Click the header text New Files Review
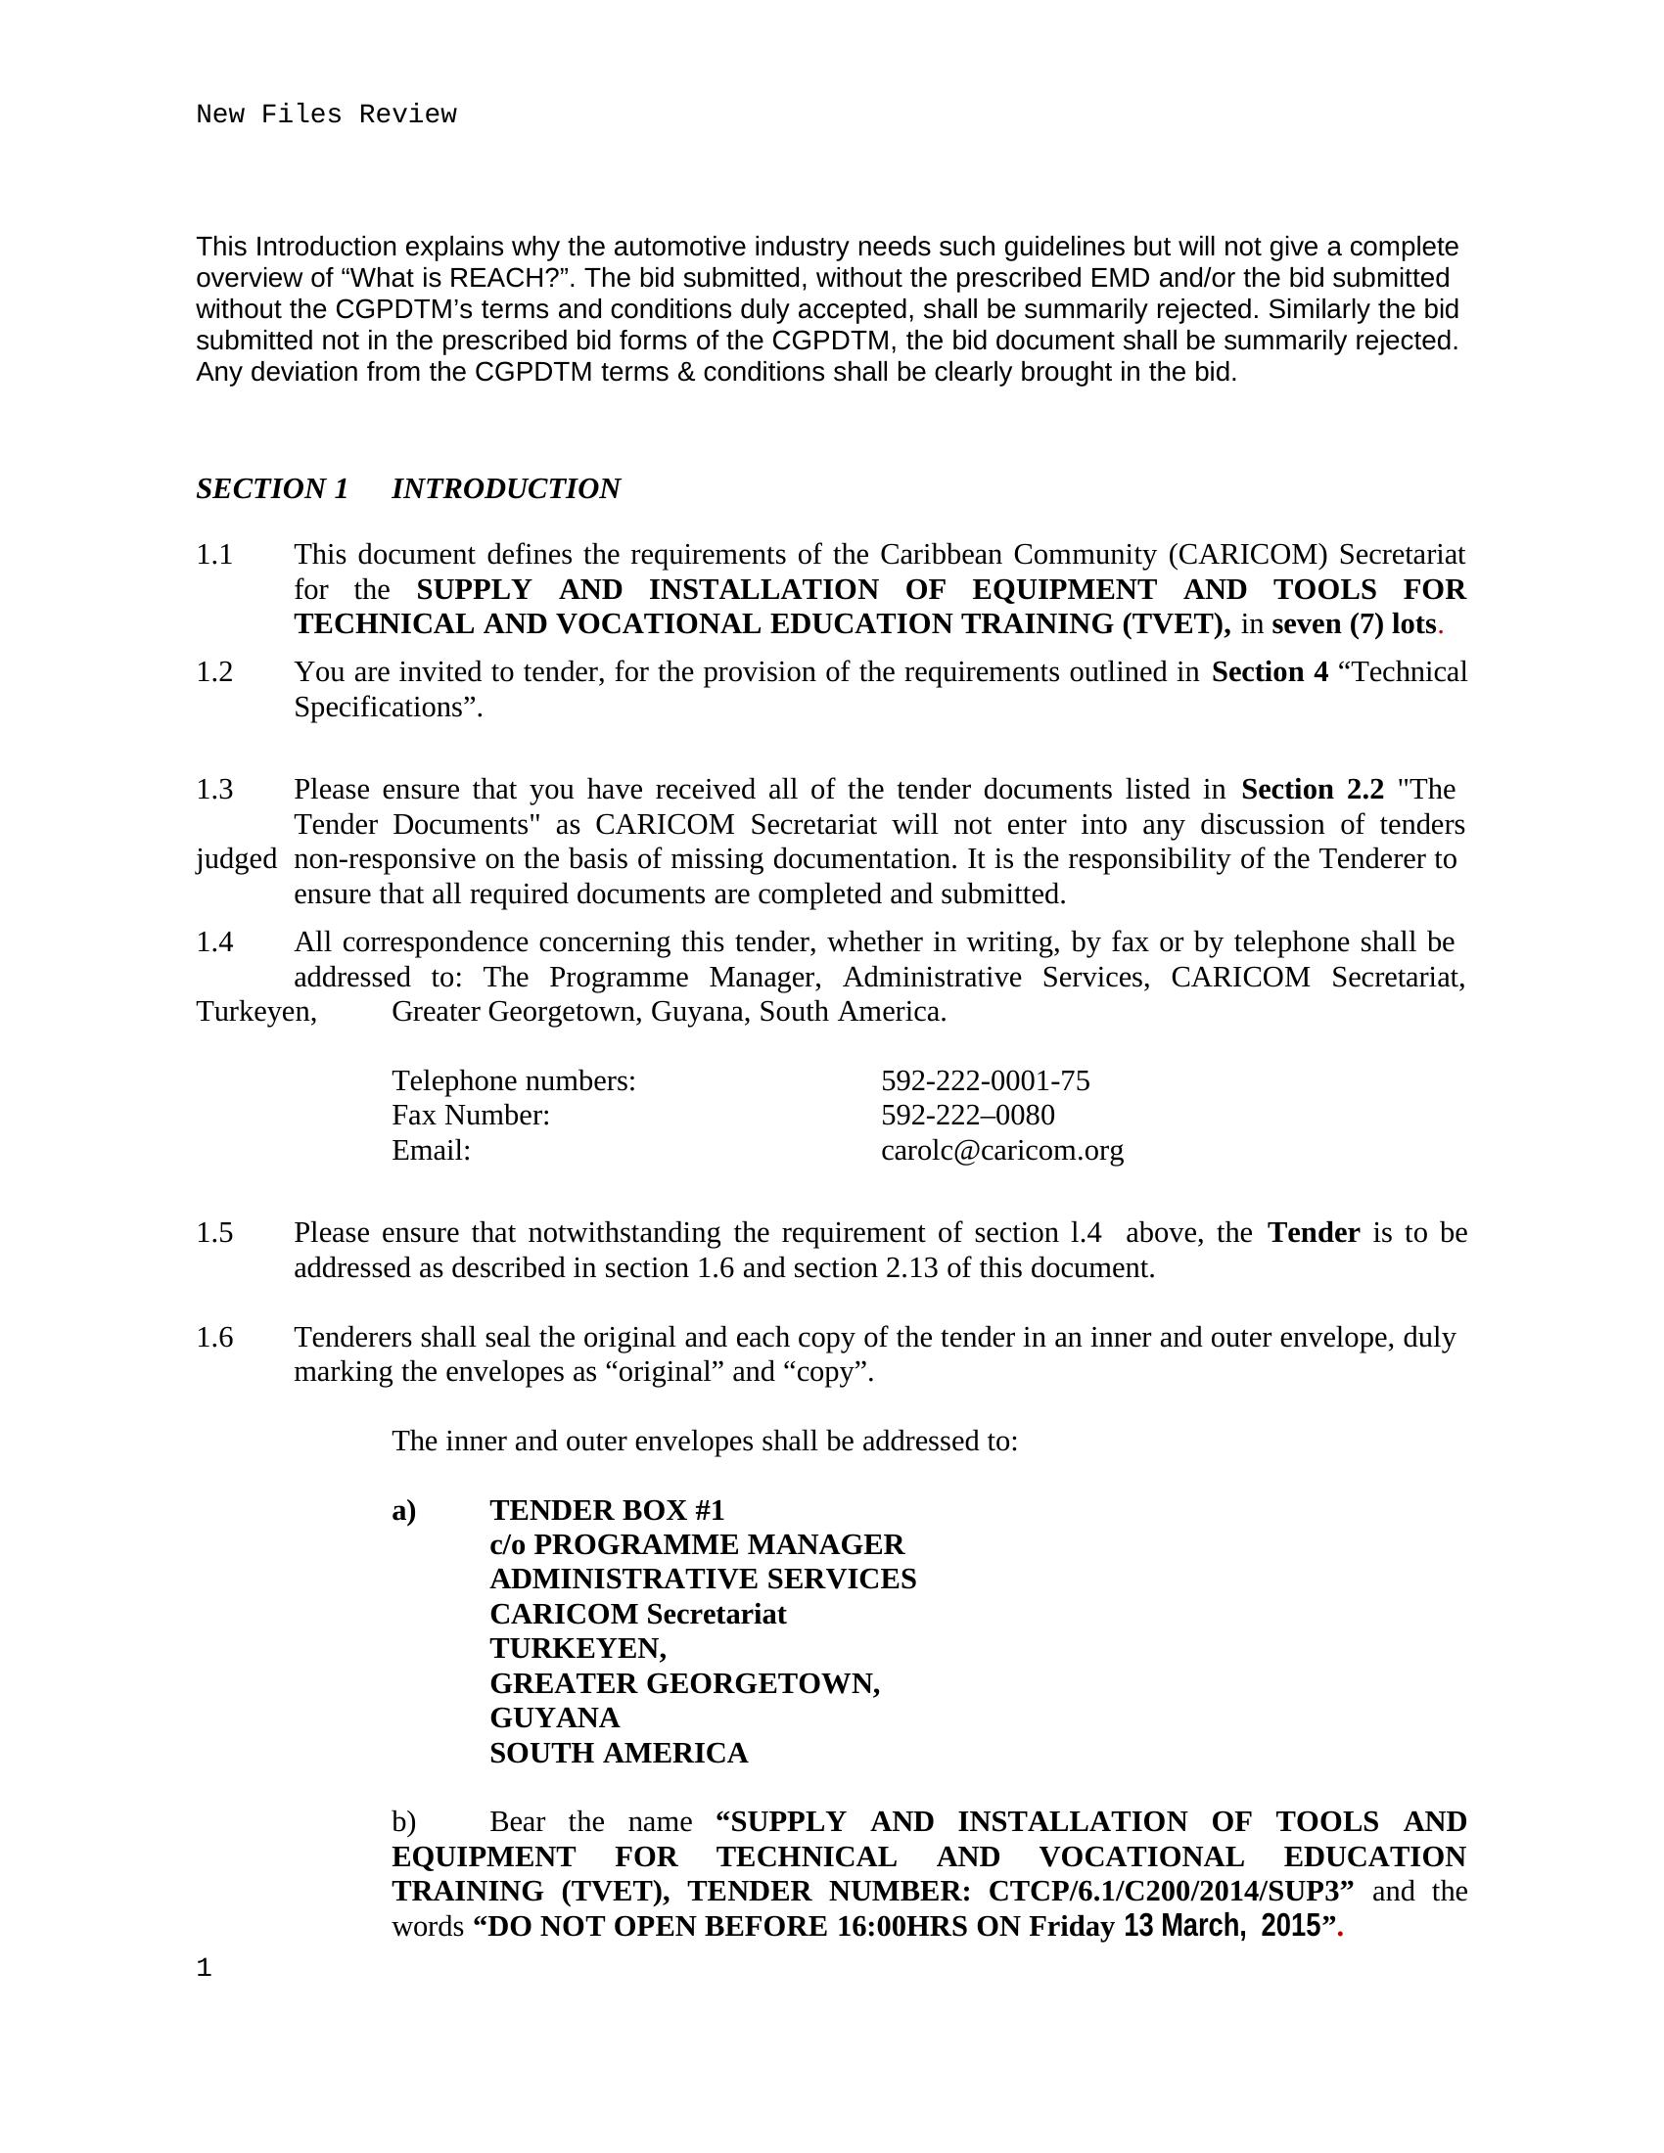coord(326,115)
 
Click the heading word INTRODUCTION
coord(506,489)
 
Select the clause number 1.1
coord(215,555)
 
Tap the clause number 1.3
coord(215,790)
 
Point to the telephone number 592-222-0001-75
coord(985,1081)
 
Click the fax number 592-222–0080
coord(967,1116)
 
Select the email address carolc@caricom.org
coord(1001,1151)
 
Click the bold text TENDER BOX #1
coord(606,1510)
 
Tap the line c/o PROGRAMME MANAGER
coord(696,1544)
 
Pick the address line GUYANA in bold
coord(554,1718)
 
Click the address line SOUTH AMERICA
coord(618,1754)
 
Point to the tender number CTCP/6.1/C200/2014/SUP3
coord(1170,1892)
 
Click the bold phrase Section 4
coord(1270,672)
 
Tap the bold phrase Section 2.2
coord(1312,790)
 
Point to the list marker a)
coord(404,1510)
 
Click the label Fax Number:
coord(470,1116)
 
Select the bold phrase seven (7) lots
coord(1354,625)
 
